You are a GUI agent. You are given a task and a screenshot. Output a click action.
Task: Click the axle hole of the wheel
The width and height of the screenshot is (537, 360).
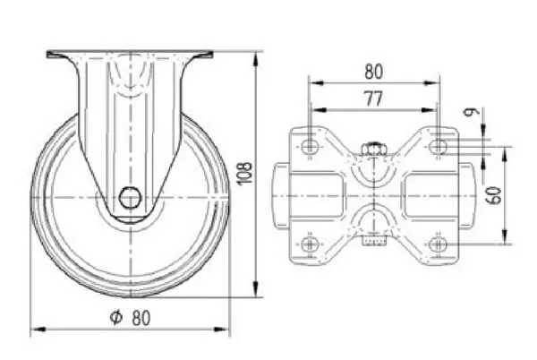click(130, 198)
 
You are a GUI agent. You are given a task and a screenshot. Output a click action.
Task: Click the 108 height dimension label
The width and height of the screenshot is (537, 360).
click(245, 173)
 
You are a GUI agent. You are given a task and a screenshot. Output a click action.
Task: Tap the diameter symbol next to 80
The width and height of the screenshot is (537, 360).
click(116, 317)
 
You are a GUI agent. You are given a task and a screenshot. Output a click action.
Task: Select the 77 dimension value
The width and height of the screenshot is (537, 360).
click(373, 99)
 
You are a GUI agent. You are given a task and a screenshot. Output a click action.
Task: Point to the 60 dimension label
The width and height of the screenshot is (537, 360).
click(494, 195)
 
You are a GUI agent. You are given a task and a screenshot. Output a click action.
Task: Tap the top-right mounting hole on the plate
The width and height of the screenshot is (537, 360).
click(438, 147)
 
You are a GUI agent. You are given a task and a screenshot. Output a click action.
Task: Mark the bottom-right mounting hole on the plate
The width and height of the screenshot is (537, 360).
click(438, 244)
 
